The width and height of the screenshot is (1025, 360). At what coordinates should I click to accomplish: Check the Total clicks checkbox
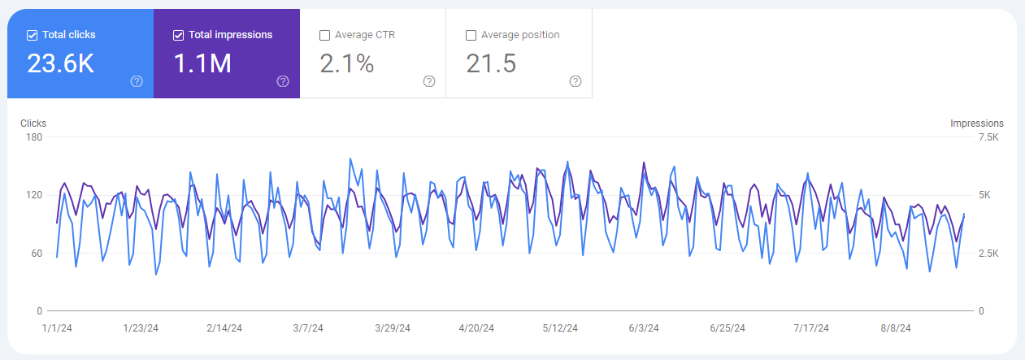point(33,35)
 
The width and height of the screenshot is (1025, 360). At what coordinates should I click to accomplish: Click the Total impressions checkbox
point(179,35)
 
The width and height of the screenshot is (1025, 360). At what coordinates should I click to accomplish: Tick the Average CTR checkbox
point(325,35)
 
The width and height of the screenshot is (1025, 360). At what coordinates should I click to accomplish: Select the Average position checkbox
point(471,35)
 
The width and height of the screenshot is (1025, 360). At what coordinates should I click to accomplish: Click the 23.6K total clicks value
point(61,63)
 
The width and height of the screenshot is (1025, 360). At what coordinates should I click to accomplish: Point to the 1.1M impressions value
point(203,63)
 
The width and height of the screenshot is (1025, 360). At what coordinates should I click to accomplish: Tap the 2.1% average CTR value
point(347,63)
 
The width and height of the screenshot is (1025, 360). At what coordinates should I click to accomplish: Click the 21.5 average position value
point(491,63)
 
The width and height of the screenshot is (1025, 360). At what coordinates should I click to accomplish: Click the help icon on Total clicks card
point(137,81)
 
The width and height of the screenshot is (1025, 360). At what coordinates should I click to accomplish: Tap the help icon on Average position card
point(575,81)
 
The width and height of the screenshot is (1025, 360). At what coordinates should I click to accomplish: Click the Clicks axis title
point(33,124)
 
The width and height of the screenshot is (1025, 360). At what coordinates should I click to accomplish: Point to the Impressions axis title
point(976,124)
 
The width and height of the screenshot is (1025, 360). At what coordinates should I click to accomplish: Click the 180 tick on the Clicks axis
point(33,137)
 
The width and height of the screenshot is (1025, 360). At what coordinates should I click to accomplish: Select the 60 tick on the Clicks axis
point(36,254)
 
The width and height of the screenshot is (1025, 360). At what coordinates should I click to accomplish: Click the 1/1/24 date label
point(56,328)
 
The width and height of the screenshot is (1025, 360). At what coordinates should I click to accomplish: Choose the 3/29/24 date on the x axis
point(393,328)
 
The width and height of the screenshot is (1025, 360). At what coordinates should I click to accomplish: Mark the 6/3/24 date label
point(643,328)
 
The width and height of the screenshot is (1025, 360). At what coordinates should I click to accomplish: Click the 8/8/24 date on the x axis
point(895,328)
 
